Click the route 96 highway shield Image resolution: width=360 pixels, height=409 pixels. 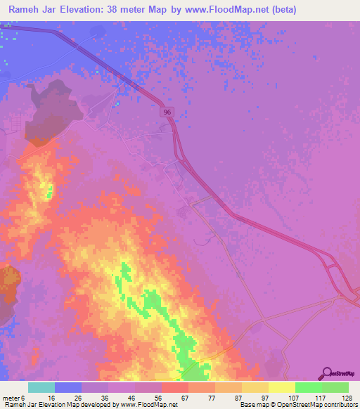coord(166,112)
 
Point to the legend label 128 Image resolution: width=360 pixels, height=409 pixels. coord(346,397)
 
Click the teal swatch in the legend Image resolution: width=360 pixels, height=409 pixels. coord(41,387)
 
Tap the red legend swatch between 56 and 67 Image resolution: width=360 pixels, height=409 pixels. coord(174,387)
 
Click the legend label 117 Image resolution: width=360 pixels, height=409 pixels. coord(320,397)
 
